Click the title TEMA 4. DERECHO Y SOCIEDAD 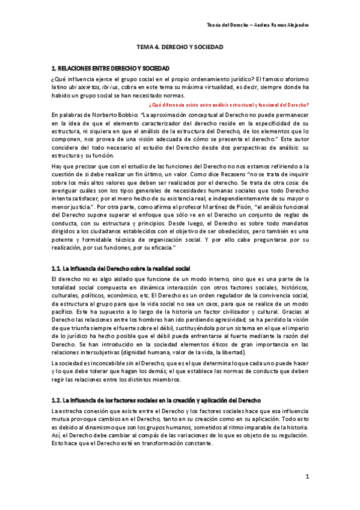[180, 46]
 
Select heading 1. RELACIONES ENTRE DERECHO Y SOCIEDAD [111, 69]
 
